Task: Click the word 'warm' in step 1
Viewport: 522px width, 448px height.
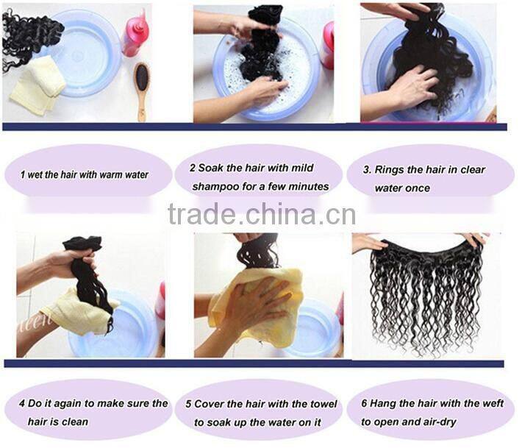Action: pos(104,175)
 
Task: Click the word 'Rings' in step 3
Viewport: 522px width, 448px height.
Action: pos(389,170)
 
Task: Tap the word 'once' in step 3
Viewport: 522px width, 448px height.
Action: pos(417,188)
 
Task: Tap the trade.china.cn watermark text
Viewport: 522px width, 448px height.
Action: pos(261,215)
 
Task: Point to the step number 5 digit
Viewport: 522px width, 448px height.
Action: pos(188,404)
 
